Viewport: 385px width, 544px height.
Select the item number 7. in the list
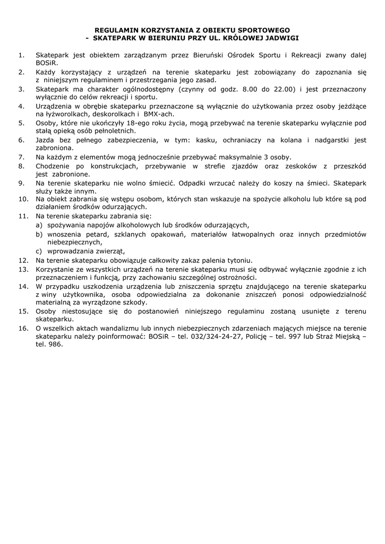click(22, 157)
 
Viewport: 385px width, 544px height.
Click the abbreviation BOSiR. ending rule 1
click(46, 63)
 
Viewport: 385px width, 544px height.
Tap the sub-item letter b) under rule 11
click(39, 234)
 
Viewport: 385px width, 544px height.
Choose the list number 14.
click(23, 286)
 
